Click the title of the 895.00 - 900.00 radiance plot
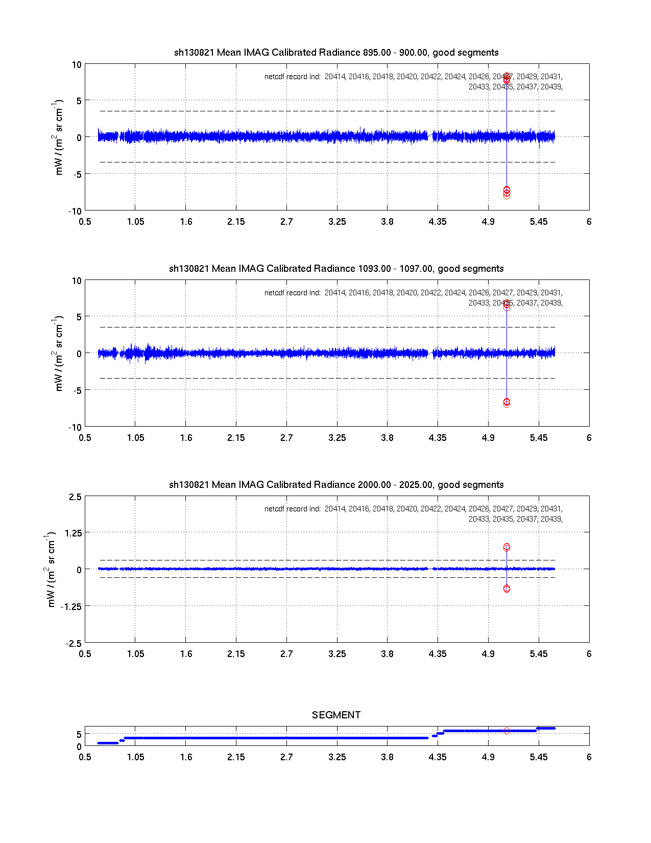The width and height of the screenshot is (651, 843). pyautogui.click(x=336, y=53)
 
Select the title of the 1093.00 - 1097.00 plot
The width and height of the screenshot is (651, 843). pyautogui.click(x=336, y=269)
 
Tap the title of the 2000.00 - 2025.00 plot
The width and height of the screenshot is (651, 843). pyautogui.click(x=336, y=485)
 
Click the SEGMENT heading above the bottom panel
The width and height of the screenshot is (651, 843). pyautogui.click(x=336, y=715)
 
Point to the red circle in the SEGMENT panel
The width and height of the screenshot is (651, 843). pyautogui.click(x=507, y=731)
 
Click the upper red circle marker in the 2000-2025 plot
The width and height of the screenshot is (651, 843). pyautogui.click(x=507, y=547)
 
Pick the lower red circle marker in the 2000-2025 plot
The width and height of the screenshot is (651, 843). pyautogui.click(x=507, y=589)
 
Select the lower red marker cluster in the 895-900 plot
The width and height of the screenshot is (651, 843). pyautogui.click(x=507, y=192)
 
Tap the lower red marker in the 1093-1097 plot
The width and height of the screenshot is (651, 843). pyautogui.click(x=507, y=403)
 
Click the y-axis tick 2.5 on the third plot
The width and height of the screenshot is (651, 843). pyautogui.click(x=75, y=497)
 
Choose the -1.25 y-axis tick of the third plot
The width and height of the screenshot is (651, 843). pyautogui.click(x=72, y=606)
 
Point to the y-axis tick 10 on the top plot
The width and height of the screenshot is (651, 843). pyautogui.click(x=77, y=65)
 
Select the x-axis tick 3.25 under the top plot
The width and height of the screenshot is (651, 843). pyautogui.click(x=337, y=222)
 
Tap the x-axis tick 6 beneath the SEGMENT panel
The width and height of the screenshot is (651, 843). pyautogui.click(x=589, y=757)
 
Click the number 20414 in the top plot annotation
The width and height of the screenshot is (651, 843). pyautogui.click(x=335, y=77)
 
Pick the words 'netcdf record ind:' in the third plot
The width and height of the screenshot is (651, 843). pyautogui.click(x=293, y=509)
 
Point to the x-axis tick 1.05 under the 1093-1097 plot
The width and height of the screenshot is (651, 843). pyautogui.click(x=135, y=438)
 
